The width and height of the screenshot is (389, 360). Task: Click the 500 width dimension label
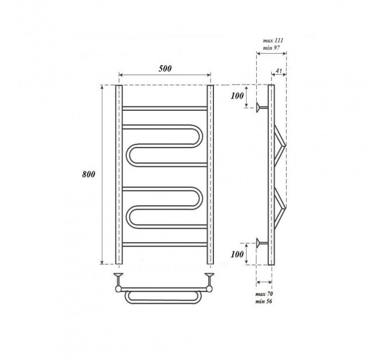[165, 69]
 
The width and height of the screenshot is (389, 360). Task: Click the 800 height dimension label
[89, 174]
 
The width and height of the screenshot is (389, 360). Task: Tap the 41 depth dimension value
[279, 71]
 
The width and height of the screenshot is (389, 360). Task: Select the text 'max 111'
[273, 41]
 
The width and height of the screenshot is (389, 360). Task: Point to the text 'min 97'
[271, 47]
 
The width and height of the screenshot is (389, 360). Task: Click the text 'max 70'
[264, 294]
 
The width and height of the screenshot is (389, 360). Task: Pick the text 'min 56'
[264, 301]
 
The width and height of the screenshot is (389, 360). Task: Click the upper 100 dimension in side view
[237, 96]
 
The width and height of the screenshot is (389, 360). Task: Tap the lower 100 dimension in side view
[237, 254]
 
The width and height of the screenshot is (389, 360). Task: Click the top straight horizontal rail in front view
[165, 108]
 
